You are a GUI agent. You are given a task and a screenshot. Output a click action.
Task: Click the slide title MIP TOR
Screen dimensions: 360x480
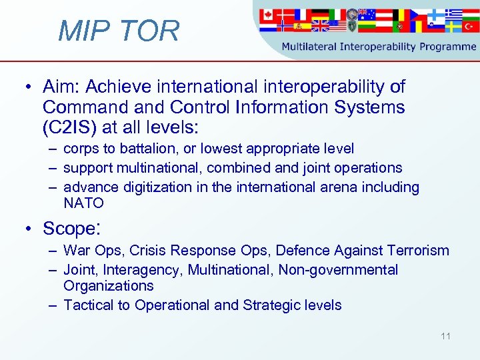[x=119, y=31]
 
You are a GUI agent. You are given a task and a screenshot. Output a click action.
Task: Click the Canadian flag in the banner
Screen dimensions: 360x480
[x=267, y=14]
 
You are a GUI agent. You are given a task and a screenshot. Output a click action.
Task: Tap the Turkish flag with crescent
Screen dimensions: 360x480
[x=470, y=27]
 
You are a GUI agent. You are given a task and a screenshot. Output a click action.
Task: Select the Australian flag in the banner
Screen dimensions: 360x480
[x=367, y=14]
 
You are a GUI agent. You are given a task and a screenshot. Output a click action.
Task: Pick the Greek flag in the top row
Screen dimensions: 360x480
[x=453, y=13]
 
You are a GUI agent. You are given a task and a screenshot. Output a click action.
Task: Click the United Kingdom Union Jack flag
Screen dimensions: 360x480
[x=320, y=26]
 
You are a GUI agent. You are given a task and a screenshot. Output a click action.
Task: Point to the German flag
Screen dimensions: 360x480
[x=320, y=14]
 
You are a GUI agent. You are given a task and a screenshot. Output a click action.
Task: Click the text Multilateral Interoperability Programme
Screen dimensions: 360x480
[x=379, y=47]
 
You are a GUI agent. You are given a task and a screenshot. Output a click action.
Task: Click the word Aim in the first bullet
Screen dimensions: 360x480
[x=59, y=87]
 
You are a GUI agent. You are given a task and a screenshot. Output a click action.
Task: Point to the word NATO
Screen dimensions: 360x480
[x=83, y=203]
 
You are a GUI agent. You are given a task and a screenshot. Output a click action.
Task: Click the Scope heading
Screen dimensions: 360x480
[x=71, y=229]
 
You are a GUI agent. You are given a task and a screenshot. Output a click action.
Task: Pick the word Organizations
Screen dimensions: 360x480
[x=108, y=285]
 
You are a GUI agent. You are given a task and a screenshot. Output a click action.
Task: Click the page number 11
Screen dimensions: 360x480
[x=445, y=336]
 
